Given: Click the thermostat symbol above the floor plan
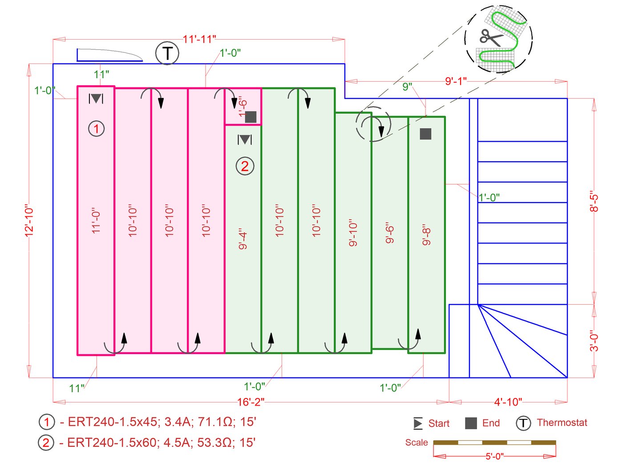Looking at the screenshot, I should pyautogui.click(x=167, y=53).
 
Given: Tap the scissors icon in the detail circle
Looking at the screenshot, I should pyautogui.click(x=491, y=37).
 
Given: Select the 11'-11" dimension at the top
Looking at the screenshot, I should pyautogui.click(x=199, y=39).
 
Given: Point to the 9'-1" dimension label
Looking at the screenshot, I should pyautogui.click(x=456, y=81).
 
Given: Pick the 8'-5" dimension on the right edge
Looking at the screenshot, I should pyautogui.click(x=594, y=202).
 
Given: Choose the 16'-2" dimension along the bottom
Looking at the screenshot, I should pyautogui.click(x=251, y=402).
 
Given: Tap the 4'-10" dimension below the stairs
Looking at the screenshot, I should pyautogui.click(x=508, y=402).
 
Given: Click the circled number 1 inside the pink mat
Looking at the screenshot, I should pyautogui.click(x=96, y=129).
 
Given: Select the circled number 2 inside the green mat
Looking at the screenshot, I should pyautogui.click(x=245, y=166).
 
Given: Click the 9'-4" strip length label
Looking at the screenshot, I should pyautogui.click(x=243, y=239).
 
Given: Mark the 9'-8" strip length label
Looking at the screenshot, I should pyautogui.click(x=426, y=235).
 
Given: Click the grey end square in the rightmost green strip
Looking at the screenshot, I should pyautogui.click(x=425, y=134).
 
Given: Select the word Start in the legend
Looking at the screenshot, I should pyautogui.click(x=439, y=423).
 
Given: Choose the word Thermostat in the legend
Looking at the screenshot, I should pyautogui.click(x=562, y=422).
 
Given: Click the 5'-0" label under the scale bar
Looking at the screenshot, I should pyautogui.click(x=494, y=456).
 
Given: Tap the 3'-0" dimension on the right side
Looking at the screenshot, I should pyautogui.click(x=594, y=341).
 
